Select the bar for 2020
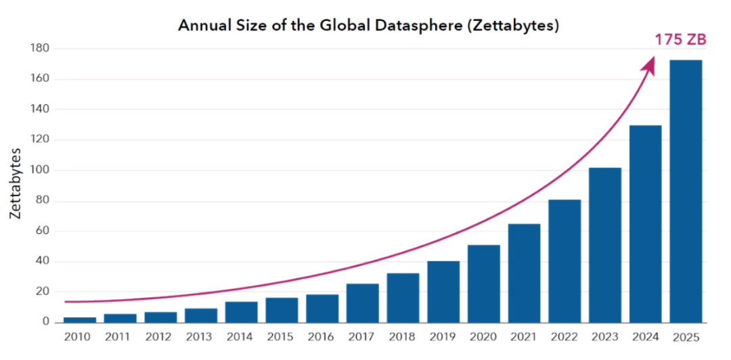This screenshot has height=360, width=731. point(483,284)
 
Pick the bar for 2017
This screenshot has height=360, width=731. point(362,303)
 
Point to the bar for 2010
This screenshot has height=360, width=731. point(80,319)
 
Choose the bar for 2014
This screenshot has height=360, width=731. point(242,312)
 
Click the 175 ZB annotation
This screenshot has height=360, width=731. point(680,40)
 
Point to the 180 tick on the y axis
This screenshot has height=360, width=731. point(40,49)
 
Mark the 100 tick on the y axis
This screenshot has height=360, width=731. point(40,171)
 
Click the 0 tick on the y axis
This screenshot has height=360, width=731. point(46,322)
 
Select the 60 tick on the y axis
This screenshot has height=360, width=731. point(43,231)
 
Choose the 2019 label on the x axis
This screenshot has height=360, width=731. point(443,336)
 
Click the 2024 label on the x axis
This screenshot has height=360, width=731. point(645,336)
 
